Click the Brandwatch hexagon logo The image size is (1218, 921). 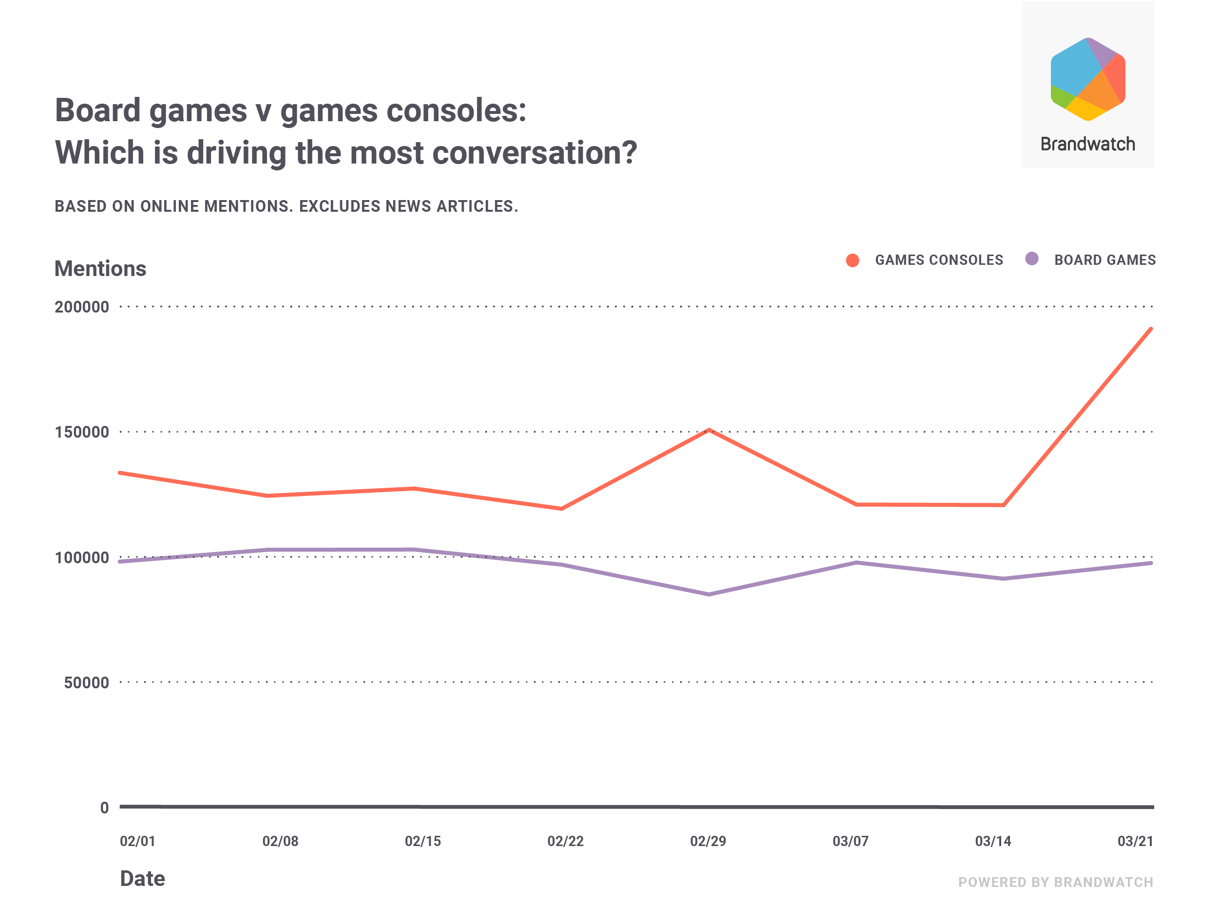coord(1087,79)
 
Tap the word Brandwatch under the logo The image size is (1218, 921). coord(1087,144)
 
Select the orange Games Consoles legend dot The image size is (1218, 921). coord(853,260)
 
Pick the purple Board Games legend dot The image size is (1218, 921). coord(1032,258)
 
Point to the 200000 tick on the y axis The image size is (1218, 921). coord(81,307)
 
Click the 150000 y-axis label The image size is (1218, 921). coord(81,432)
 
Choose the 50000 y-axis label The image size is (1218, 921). coord(86,683)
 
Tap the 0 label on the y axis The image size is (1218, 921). coord(104,808)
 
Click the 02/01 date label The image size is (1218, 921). coord(138,841)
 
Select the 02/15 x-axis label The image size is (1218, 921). coord(423,841)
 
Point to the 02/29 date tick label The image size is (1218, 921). coord(708,841)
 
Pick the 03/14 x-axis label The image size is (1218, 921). coord(993,841)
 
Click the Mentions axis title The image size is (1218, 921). coord(100,269)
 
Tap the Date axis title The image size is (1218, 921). coord(143,879)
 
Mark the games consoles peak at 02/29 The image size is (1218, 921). coord(709,430)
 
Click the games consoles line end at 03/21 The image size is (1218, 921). coord(1150,329)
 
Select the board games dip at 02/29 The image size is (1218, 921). coord(709,594)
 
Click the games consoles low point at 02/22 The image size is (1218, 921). coord(561,508)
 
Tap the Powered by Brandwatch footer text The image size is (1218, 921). coord(1056,883)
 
